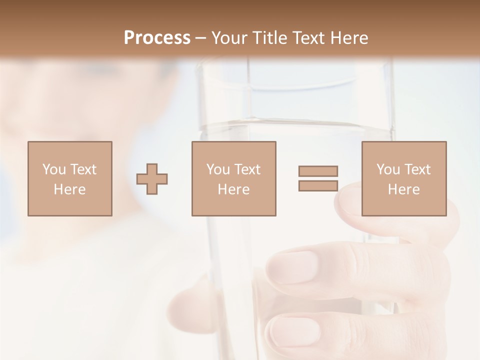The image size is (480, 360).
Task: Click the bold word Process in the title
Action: pos(157,37)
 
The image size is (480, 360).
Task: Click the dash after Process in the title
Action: pos(201,38)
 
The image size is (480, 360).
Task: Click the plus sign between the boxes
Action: pos(152,178)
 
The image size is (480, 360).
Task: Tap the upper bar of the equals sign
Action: pos(318,171)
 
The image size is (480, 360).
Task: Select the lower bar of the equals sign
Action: pos(318,185)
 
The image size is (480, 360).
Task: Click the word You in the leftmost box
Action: pos(53,169)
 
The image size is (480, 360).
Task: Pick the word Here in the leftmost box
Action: pos(69,189)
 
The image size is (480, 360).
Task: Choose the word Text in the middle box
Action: pos(247,169)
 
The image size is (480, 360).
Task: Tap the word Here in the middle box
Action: pos(233,189)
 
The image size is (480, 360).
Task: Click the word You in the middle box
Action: pos(218,169)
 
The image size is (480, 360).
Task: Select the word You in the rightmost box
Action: pos(388,169)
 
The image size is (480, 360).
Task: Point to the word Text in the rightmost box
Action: pos(417,169)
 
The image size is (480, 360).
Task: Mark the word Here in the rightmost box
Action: pos(403,189)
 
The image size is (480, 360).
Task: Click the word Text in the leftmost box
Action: pos(83,169)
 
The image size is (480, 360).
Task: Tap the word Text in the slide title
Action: pos(306,37)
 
